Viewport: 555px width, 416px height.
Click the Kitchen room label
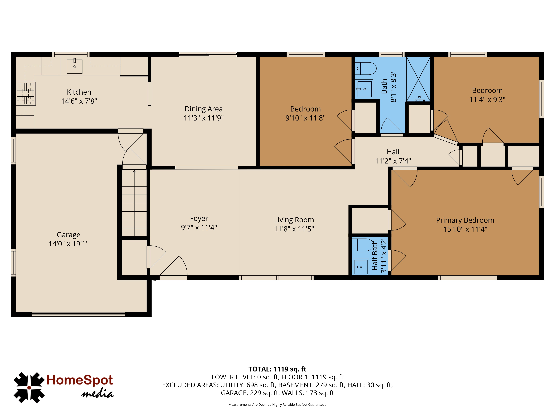pos(79,92)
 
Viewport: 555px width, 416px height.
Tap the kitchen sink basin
pos(75,66)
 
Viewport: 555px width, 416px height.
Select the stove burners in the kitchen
pos(26,94)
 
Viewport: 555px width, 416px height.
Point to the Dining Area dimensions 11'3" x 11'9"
pos(204,118)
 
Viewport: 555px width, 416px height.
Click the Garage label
pos(69,235)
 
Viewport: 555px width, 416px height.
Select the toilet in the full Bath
pos(366,69)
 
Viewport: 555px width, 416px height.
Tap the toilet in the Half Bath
pos(363,245)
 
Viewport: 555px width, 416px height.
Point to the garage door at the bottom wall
pos(78,314)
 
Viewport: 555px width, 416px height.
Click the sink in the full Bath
pos(364,89)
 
